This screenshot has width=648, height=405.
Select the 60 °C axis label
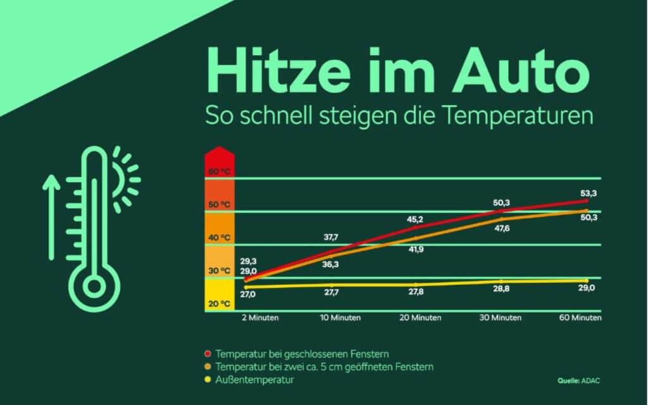[219, 171]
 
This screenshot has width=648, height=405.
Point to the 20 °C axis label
[219, 304]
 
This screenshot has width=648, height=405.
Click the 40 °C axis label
[219, 238]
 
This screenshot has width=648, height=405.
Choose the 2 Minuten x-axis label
[259, 318]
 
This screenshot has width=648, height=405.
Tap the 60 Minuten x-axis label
[581, 318]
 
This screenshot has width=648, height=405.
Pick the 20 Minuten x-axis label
[420, 318]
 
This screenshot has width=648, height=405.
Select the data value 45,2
[414, 220]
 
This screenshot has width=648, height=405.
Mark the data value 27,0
[248, 294]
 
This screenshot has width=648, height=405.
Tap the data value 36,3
[330, 265]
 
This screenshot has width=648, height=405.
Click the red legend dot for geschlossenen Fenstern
[207, 354]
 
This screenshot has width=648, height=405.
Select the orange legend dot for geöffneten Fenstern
[207, 367]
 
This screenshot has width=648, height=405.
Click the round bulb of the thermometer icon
[94, 287]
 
